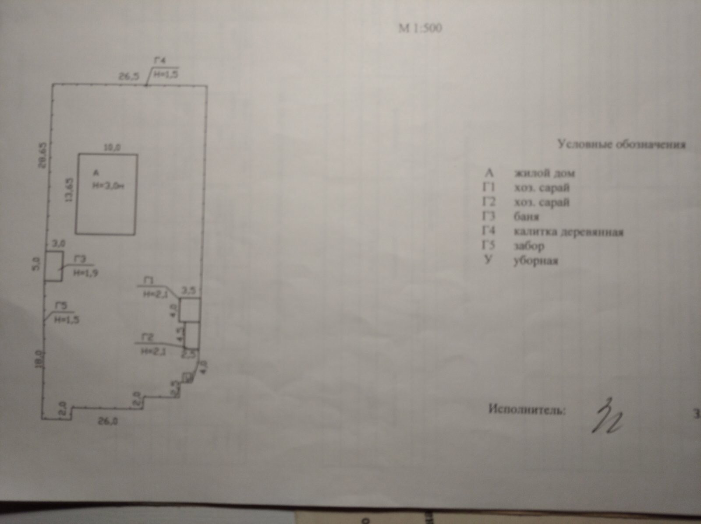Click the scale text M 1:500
[x=420, y=28]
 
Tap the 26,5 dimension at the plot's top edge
[x=129, y=76]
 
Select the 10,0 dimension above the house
[x=111, y=148]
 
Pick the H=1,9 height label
[x=85, y=272]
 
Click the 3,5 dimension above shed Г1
[x=188, y=290]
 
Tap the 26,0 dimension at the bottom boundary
[x=107, y=422]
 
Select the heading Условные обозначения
[x=621, y=144]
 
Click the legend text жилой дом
[x=544, y=173]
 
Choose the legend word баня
[x=526, y=217]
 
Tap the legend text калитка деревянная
[x=568, y=232]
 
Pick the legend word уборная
[x=535, y=261]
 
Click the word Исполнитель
[x=527, y=410]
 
